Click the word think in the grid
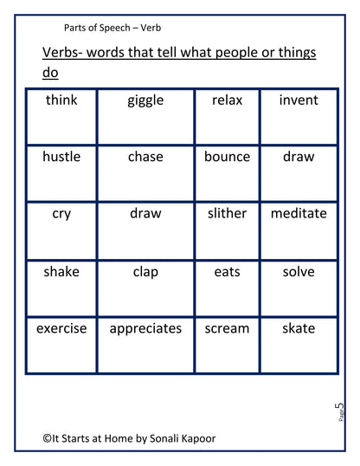click(x=61, y=100)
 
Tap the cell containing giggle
click(x=145, y=100)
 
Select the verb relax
click(x=227, y=100)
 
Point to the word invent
click(x=299, y=100)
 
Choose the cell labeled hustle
click(x=61, y=157)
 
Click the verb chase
click(x=145, y=157)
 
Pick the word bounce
click(x=227, y=157)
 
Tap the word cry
click(x=61, y=213)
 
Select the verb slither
click(x=227, y=213)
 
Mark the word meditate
click(x=299, y=213)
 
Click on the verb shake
click(x=61, y=271)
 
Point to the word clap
click(x=145, y=271)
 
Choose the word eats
click(x=227, y=271)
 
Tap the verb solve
click(x=299, y=271)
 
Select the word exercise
click(x=61, y=328)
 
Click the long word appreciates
click(x=145, y=328)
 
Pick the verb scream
click(x=227, y=328)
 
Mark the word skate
click(x=299, y=328)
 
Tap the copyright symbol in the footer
click(x=48, y=439)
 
